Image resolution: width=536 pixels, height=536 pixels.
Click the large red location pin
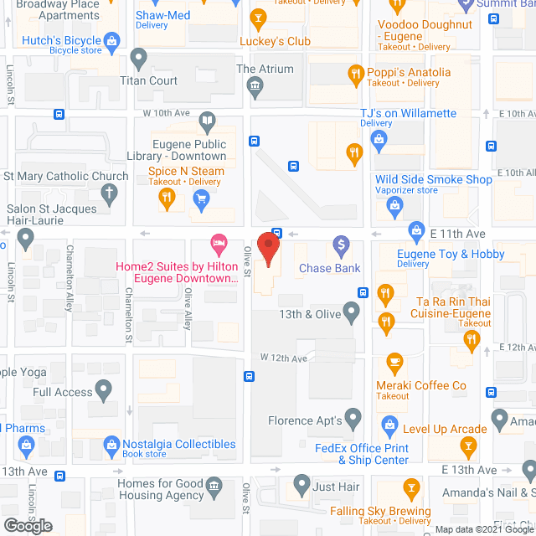coord(268,249)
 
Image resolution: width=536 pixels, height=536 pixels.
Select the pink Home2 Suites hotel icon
coord(219,246)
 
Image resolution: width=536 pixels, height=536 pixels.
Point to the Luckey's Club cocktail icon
coord(258,18)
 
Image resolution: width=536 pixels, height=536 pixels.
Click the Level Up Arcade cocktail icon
coord(470,430)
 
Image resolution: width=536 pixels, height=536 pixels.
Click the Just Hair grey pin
coord(301,485)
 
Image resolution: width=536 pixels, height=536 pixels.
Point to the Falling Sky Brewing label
coord(380,511)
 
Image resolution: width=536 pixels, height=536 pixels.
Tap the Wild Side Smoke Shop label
coord(434,179)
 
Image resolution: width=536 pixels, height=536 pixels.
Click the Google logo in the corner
coord(28,525)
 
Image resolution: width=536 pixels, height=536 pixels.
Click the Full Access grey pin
coord(104,390)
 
